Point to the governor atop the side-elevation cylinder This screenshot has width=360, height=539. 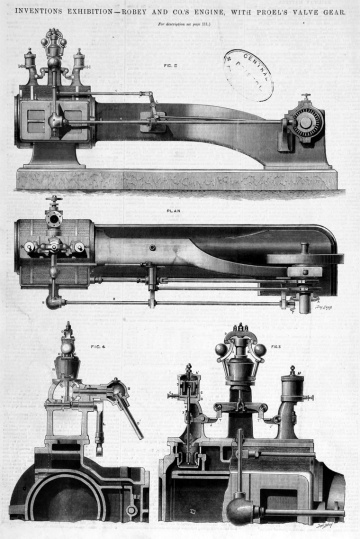pyautogui.click(x=53, y=49)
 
